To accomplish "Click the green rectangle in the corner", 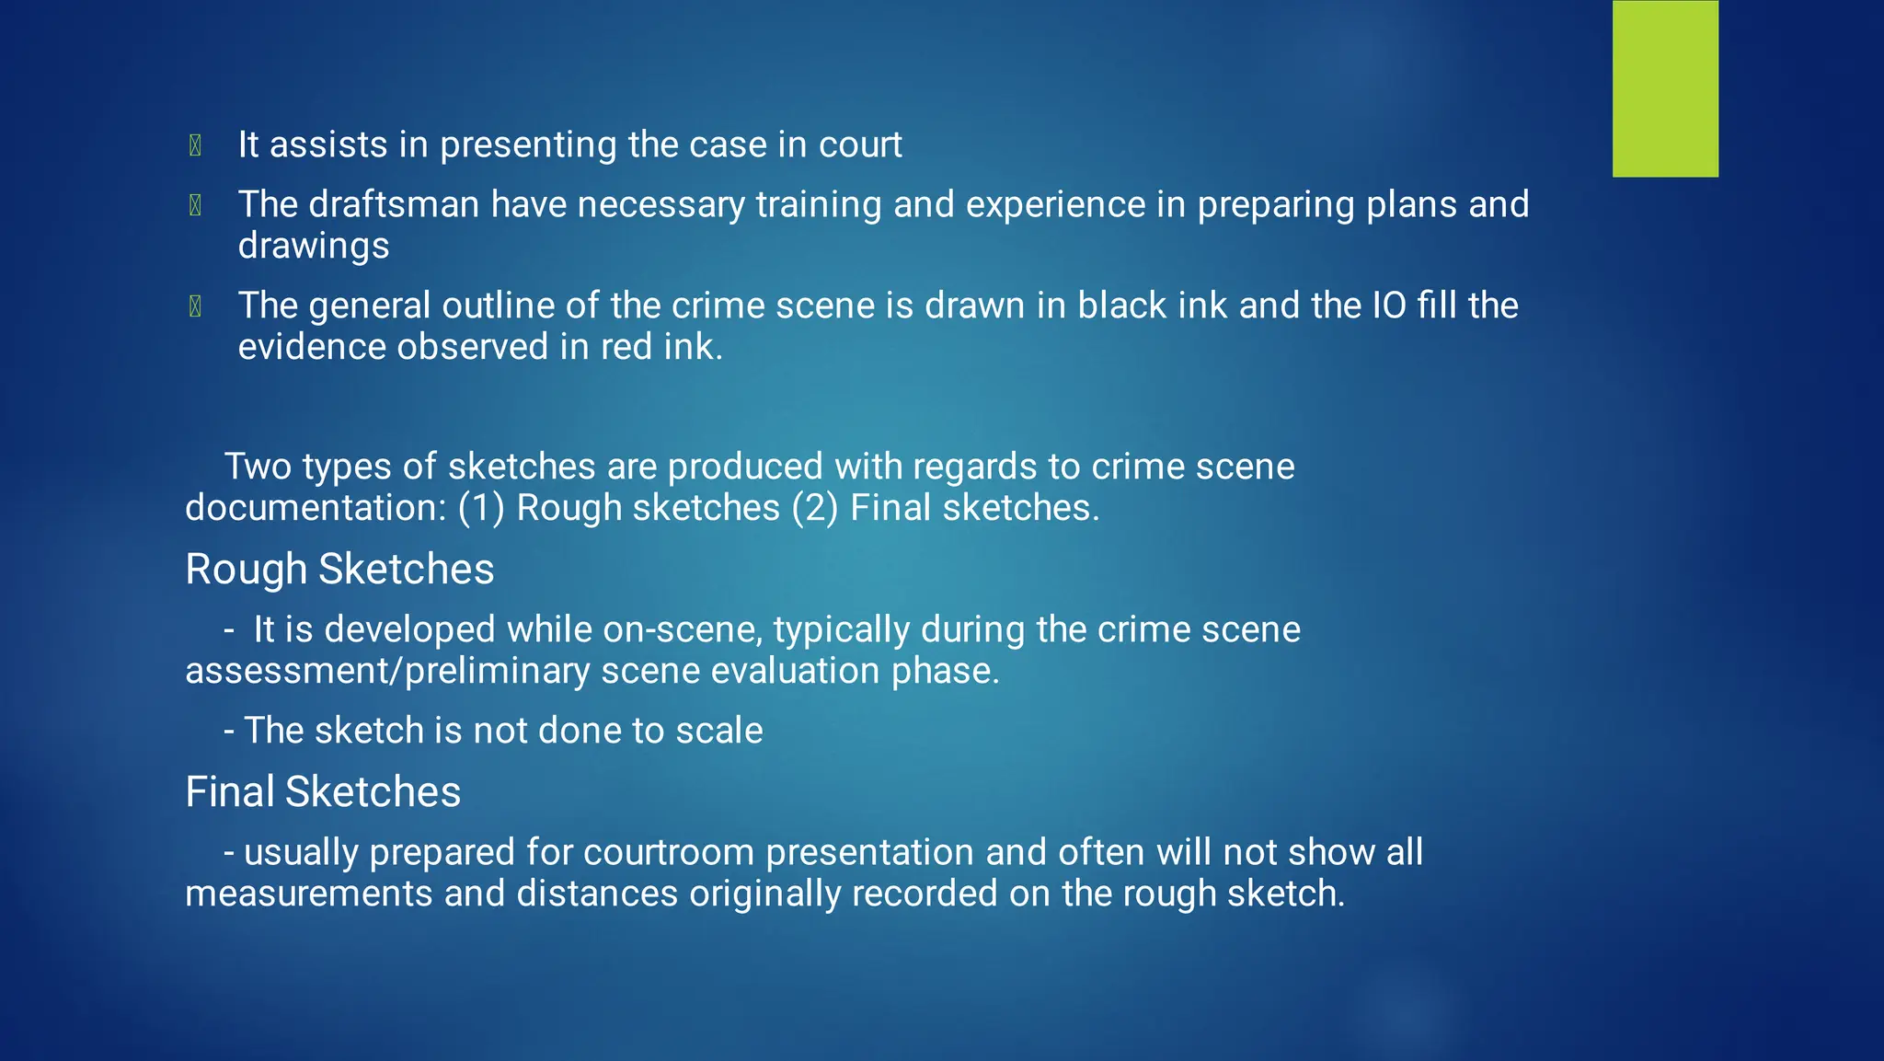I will point(1665,88).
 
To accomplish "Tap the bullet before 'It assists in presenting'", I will point(195,145).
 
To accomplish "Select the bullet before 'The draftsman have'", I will point(195,205).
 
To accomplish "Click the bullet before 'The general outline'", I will point(195,306).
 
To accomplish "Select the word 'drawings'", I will point(314,247).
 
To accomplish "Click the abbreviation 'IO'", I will point(1389,306).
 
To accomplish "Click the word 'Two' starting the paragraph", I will point(258,467).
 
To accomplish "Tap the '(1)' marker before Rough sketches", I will point(481,508).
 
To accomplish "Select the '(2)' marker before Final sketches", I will point(815,508).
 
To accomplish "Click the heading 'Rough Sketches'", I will point(339,570).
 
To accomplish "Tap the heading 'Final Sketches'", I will point(323,792).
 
